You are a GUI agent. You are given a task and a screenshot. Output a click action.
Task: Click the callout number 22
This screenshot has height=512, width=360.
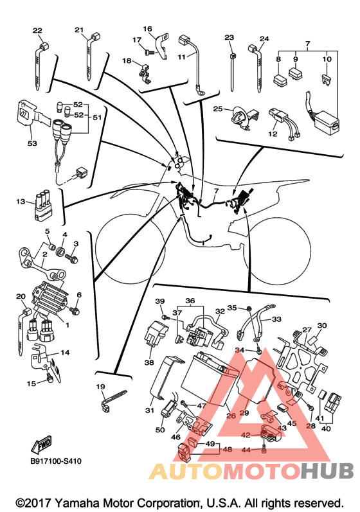tap(37, 31)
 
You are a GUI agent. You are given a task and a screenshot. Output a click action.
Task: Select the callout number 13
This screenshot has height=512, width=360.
tap(21, 202)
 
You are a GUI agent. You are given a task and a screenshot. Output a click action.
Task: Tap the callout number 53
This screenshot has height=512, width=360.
tap(32, 143)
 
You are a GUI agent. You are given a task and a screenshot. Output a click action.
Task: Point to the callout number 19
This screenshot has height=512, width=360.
tap(101, 387)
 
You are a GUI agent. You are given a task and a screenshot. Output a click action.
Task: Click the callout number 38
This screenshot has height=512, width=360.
tap(149, 362)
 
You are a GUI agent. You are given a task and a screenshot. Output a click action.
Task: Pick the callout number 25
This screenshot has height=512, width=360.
tap(218, 109)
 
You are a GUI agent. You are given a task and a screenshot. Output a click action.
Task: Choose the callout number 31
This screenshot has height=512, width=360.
tap(149, 410)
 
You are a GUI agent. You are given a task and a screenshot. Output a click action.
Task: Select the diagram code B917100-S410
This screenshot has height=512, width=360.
tap(56, 461)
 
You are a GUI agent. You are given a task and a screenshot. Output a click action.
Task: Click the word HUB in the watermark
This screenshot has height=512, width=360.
tap(327, 471)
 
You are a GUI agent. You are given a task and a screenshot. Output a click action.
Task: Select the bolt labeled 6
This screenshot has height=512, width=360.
tap(75, 311)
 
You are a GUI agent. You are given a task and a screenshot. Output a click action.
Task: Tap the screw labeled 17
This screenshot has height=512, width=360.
tap(149, 51)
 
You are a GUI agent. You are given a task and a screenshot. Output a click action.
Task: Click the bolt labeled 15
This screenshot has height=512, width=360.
tap(49, 378)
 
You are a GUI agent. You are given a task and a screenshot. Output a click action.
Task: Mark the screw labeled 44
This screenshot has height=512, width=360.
tap(264, 450)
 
